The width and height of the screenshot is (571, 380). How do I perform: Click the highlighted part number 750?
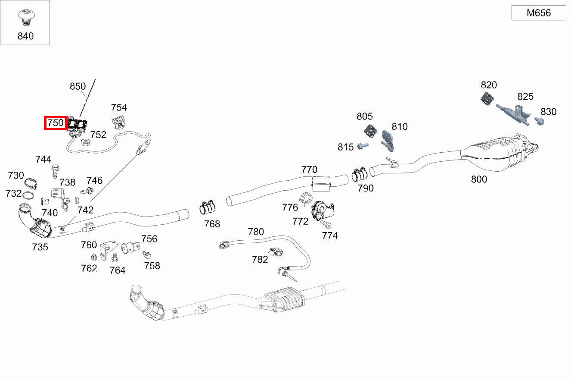56,123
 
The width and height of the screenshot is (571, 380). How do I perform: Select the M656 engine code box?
539,13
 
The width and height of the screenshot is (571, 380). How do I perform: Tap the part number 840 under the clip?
25,36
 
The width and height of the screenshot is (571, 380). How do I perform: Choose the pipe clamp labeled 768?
207,208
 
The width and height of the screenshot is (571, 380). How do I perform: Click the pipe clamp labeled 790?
359,174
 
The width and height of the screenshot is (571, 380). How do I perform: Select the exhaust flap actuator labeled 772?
323,210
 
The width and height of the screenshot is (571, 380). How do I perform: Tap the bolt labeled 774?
326,224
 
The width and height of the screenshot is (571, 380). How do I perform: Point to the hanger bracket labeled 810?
388,141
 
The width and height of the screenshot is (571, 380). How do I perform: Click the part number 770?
309,170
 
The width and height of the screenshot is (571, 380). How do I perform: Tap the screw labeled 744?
55,171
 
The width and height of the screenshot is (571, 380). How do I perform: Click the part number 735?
40,247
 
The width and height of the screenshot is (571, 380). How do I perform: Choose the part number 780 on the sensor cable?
256,232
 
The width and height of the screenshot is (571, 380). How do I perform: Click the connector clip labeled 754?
118,122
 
